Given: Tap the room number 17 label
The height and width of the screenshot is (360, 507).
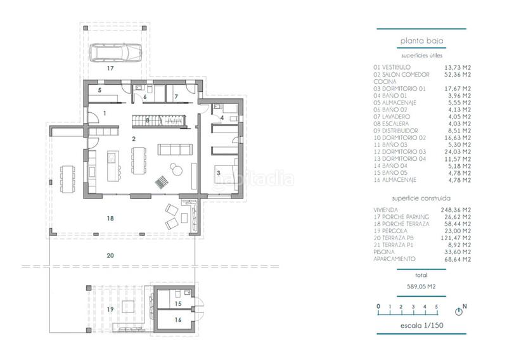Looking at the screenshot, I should click(x=110, y=67).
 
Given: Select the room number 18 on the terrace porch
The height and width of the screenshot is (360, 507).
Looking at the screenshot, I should click(x=110, y=217).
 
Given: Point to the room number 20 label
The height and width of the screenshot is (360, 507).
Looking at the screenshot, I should click(x=110, y=255).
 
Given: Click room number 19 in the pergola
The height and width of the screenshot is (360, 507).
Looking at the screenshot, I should click(x=110, y=309).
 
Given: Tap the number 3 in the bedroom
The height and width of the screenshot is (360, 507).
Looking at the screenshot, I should click(x=218, y=172).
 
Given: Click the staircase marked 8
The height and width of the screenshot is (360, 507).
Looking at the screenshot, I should click(x=157, y=120).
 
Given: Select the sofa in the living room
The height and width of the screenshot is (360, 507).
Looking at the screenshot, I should click(x=174, y=150).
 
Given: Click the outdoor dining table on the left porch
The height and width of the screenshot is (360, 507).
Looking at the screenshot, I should click(x=67, y=178).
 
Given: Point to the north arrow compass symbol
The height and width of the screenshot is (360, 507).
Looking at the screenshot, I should click(x=459, y=311).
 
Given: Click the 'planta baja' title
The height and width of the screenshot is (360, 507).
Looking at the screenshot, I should click(x=421, y=42).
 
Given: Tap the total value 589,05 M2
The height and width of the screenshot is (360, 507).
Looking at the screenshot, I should click(x=421, y=286).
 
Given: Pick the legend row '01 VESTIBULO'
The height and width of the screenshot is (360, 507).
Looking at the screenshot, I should click(x=392, y=67).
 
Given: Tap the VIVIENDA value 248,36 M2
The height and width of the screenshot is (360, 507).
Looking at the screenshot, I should click(x=458, y=210).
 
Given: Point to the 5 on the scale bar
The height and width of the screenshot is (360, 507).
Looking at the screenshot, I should click(x=436, y=306).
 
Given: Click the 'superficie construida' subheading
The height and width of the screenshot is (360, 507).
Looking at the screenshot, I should click(x=421, y=198).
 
